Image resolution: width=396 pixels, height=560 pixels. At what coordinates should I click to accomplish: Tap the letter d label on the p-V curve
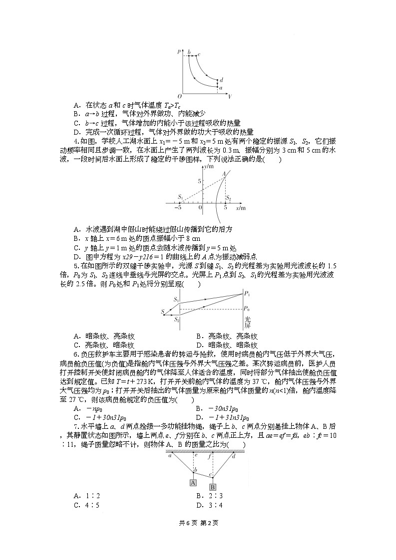coord(221,79)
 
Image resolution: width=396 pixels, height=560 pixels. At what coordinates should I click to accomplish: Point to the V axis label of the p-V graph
coord(229,96)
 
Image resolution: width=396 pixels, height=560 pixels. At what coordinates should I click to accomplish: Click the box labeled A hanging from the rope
coord(193,483)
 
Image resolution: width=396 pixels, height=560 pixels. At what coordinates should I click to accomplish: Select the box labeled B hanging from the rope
coord(212,487)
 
